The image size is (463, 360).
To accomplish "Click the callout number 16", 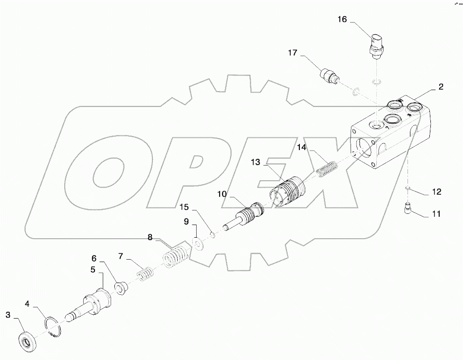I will (343, 19).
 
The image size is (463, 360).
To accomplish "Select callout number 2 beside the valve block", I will (440, 87).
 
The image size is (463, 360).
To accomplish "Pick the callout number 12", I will (437, 192).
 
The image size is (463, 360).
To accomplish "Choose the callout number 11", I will (436, 213).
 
